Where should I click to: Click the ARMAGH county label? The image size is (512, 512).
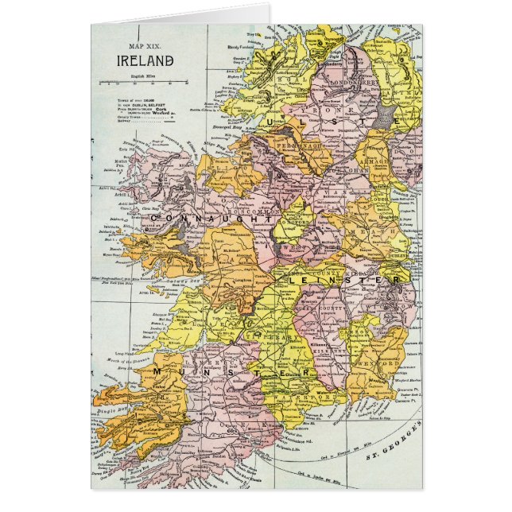tap(371, 162)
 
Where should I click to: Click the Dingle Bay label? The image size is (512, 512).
tap(111, 410)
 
